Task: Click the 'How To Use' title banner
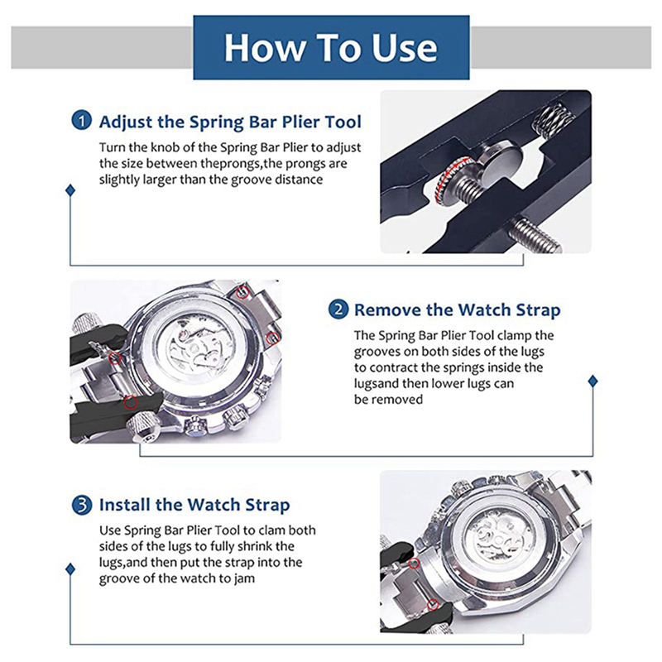pos(331,47)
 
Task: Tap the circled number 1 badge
pos(81,120)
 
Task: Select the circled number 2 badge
pos(338,309)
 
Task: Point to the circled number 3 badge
pos(81,505)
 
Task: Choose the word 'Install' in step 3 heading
pos(125,505)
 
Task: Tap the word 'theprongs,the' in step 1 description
pos(237,164)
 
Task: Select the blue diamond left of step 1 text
pos(70,190)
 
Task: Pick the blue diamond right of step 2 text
pos(592,381)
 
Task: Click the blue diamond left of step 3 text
pos(70,569)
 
